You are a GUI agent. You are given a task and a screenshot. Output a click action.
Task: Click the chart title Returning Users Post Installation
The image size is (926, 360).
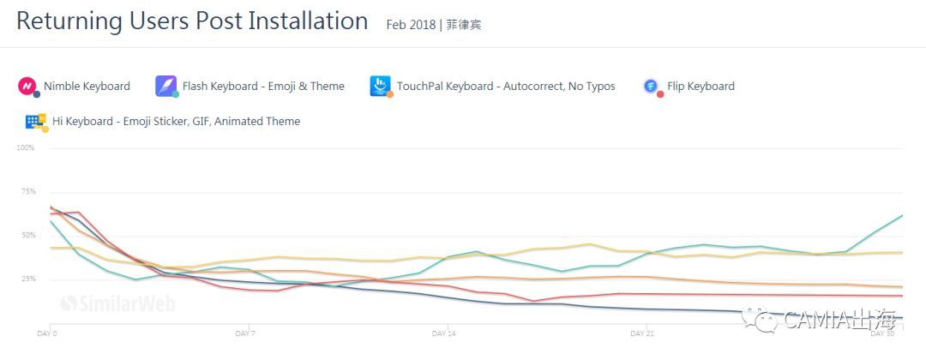coord(192,21)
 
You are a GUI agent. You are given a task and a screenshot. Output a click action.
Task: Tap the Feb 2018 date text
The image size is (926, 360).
coord(411,25)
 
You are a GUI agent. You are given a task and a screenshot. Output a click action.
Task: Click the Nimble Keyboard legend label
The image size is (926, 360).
coord(87,86)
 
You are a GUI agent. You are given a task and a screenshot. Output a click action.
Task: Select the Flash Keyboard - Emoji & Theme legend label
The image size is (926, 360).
coord(263,86)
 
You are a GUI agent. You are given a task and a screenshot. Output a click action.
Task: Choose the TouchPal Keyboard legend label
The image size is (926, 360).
coord(505,86)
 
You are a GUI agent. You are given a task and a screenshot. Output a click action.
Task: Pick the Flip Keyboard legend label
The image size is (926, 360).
coord(701,86)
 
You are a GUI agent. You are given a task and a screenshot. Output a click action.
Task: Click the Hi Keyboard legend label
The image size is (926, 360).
coord(176,121)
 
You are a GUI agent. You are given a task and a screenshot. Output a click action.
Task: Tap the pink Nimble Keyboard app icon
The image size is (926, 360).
coord(27,86)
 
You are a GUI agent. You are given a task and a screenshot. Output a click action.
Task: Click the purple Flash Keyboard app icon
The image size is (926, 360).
coord(165,86)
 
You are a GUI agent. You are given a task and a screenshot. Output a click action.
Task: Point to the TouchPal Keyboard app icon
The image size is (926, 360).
coord(380,86)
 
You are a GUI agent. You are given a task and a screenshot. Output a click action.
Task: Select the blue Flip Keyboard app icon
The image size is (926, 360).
coord(652,86)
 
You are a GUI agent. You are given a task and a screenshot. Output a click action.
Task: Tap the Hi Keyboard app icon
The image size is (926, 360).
coord(35,122)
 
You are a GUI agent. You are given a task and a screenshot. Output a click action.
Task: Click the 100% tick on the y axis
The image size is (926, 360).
coord(26,147)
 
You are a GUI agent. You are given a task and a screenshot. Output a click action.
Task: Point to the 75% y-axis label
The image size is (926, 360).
coord(27,191)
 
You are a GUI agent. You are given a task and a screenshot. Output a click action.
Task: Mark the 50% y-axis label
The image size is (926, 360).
coord(27,235)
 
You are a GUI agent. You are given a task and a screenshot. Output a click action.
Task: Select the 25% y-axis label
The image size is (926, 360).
coord(27,279)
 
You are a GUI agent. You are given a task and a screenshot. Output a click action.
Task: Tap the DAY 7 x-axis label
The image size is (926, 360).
coord(246,333)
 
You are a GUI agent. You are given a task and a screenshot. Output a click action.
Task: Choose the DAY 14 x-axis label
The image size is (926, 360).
coord(443,333)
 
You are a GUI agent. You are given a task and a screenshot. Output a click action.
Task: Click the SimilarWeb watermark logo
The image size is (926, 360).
coord(95,302)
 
